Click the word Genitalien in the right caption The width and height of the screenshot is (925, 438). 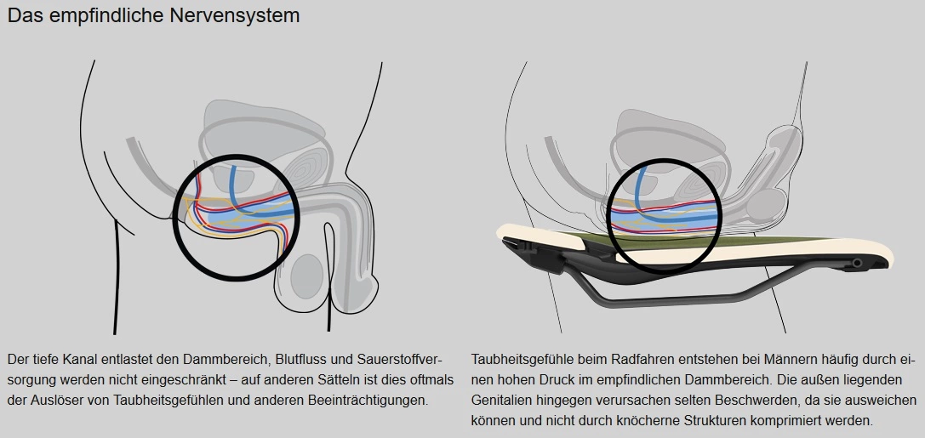pyautogui.click(x=500, y=399)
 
